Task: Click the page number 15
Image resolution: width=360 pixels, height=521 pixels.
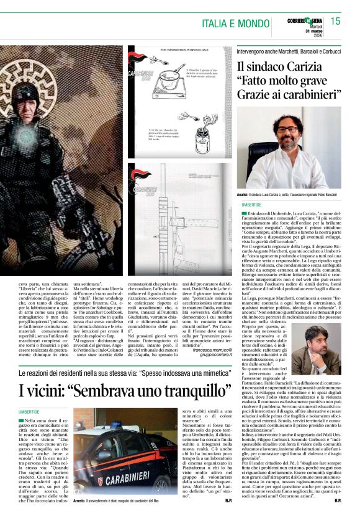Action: pos(335,22)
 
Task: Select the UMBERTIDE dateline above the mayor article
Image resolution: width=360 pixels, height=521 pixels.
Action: pos(252,204)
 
